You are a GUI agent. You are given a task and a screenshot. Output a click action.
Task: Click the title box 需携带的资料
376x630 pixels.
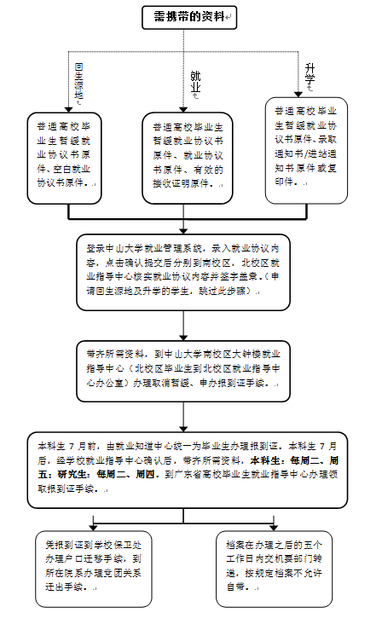point(188,16)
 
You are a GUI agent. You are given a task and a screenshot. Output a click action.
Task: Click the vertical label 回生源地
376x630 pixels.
point(78,82)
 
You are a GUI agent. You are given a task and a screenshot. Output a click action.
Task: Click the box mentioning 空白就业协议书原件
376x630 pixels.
point(67,159)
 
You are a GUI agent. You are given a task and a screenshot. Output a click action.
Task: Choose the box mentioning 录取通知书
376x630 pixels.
point(305,150)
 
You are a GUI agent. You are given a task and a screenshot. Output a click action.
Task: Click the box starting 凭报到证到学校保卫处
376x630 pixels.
point(95,564)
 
